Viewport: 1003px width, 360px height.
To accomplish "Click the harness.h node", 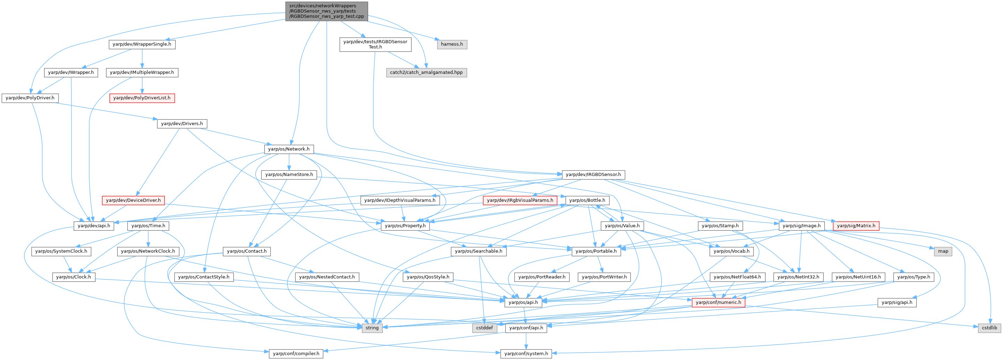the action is pos(452,44).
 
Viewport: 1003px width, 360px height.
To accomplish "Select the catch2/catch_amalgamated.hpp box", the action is pos(426,72).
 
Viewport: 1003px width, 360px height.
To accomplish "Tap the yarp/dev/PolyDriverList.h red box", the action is pos(142,98).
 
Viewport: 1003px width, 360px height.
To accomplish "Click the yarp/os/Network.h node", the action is pos(289,149).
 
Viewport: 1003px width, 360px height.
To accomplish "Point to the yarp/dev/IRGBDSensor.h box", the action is pos(593,175).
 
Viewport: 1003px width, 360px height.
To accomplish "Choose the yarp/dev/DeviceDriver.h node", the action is pos(133,200).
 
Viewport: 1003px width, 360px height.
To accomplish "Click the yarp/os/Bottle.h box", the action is pos(587,200).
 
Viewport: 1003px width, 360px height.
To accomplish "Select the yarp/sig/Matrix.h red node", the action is pos(856,226).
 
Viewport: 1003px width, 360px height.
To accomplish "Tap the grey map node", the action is pos(943,251).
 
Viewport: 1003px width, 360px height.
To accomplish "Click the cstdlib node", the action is pos(989,328).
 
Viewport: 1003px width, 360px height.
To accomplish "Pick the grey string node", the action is pos(372,328).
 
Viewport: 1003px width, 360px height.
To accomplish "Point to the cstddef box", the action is pos(484,328).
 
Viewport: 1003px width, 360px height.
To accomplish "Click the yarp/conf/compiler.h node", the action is pos(296,354).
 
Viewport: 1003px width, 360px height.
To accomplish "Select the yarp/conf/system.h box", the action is pos(526,354).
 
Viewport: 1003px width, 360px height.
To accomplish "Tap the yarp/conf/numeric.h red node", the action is pos(719,302).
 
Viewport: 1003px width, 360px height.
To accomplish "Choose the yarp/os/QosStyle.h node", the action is pos(428,277).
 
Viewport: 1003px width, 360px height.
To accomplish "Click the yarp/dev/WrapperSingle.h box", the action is pos(142,44).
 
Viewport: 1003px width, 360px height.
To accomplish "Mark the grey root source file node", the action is pos(327,11).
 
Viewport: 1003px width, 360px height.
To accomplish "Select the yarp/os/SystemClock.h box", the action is pos(61,251).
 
